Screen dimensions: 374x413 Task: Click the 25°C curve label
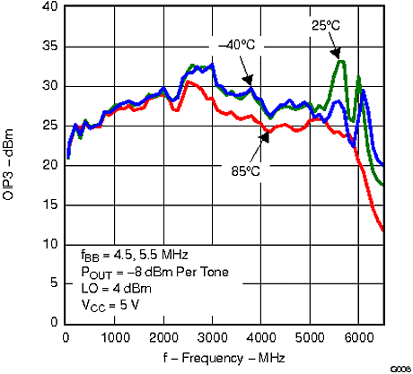click(325, 27)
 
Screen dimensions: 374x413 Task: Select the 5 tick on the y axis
click(55, 284)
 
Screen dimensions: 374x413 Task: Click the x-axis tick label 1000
click(114, 337)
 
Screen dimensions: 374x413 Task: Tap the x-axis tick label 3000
click(212, 337)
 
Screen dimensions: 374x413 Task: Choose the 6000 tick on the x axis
click(358, 337)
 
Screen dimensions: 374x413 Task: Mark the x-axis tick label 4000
click(260, 337)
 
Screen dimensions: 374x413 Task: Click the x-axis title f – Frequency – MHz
click(225, 357)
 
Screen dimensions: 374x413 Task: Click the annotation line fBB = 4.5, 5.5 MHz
click(124, 255)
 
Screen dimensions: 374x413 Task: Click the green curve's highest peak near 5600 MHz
click(340, 61)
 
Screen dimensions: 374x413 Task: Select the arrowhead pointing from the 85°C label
click(262, 137)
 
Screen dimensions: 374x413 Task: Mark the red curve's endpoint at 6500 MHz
click(383, 230)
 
